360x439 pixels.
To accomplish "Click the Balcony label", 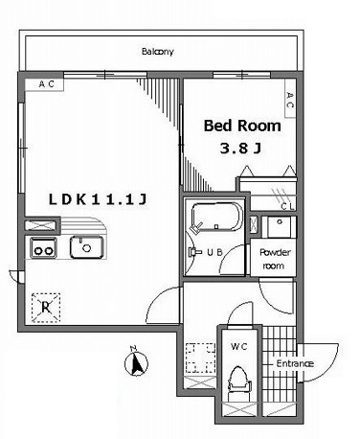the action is (x=158, y=52).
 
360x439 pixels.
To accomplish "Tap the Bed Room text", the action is (x=242, y=126).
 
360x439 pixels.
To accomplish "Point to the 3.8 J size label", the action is (x=240, y=149).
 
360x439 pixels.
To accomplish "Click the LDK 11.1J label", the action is (x=98, y=199).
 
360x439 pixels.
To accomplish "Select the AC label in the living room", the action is (x=47, y=84).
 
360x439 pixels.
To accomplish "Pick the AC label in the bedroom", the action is (x=290, y=100).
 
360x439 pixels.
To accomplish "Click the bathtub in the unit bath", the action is (x=216, y=217).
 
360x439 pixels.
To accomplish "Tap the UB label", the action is (x=214, y=252).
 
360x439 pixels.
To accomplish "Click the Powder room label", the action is (x=275, y=259).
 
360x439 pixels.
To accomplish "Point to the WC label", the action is (x=239, y=346).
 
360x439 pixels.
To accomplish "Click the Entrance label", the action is (x=295, y=363).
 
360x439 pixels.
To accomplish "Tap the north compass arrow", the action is (x=137, y=361).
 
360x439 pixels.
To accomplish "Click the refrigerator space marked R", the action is (x=46, y=308).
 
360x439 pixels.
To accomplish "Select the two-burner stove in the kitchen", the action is (x=43, y=247).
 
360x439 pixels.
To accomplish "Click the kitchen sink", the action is (x=87, y=247).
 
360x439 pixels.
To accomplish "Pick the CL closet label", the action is (x=287, y=207).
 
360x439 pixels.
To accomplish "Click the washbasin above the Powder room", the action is (x=280, y=226).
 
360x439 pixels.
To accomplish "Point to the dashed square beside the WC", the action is (x=200, y=358).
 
